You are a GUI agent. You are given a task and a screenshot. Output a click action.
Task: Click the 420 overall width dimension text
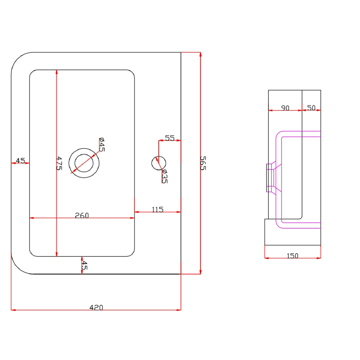click(x=96, y=308)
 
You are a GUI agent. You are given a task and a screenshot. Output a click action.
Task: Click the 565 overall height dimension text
click(x=203, y=163)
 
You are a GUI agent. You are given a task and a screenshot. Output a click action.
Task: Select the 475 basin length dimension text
click(x=59, y=164)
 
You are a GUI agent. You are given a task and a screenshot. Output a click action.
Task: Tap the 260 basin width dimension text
click(x=82, y=216)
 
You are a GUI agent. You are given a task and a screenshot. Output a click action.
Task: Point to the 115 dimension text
click(x=158, y=209)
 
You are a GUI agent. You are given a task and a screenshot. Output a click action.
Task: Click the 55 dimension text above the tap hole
click(x=170, y=138)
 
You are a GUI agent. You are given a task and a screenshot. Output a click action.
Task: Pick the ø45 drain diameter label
click(x=102, y=144)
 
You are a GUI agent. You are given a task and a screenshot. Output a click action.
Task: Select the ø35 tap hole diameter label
click(x=164, y=176)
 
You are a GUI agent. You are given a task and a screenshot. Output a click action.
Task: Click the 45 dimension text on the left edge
click(x=20, y=161)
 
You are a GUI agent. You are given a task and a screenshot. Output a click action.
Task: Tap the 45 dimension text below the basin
click(x=84, y=265)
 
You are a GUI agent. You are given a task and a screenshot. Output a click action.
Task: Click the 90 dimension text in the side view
click(x=285, y=108)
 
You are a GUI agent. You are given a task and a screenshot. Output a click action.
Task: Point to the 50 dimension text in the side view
click(x=311, y=108)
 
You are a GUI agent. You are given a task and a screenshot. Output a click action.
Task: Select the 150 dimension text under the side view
click(x=292, y=256)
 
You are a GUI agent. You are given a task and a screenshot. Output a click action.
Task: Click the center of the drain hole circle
click(x=84, y=163)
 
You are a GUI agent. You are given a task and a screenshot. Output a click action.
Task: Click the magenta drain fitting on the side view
click(x=271, y=177)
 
